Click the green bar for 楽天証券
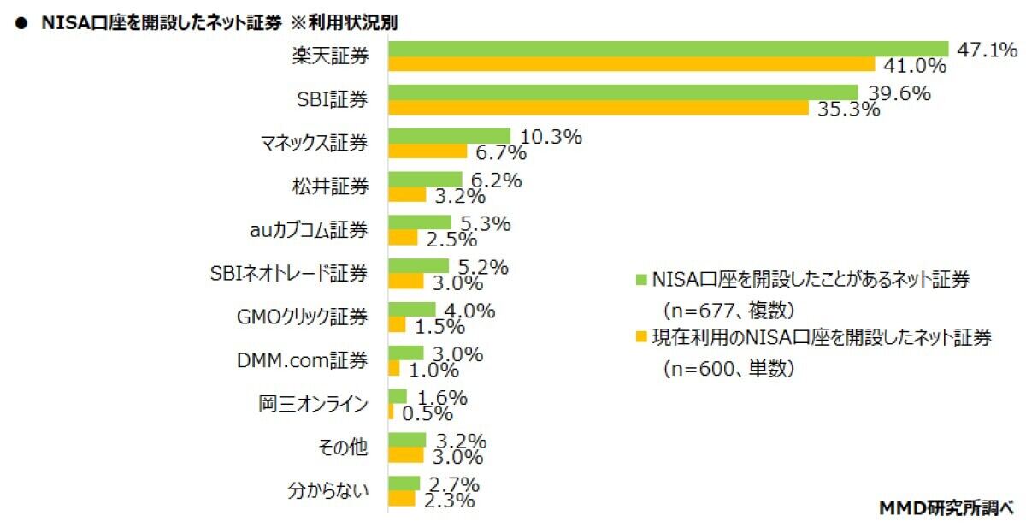point(668,49)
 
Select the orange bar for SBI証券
point(598,108)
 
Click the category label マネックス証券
point(314,143)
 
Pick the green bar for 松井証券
point(425,180)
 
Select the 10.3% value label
point(551,136)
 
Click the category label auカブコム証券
point(304,230)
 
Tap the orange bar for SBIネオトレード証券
point(406,282)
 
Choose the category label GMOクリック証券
point(302,317)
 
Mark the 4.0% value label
point(465,311)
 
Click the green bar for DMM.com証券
point(406,353)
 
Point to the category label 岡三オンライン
point(314,405)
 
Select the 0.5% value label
point(425,412)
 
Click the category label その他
point(345,448)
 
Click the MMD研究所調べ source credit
point(946,508)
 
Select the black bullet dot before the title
point(19,24)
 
